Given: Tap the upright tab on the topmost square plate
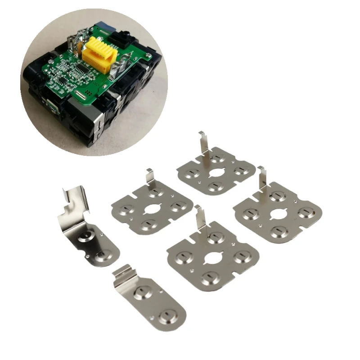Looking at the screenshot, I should coord(204,143).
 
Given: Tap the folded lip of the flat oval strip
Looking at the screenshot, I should coord(121,274).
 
